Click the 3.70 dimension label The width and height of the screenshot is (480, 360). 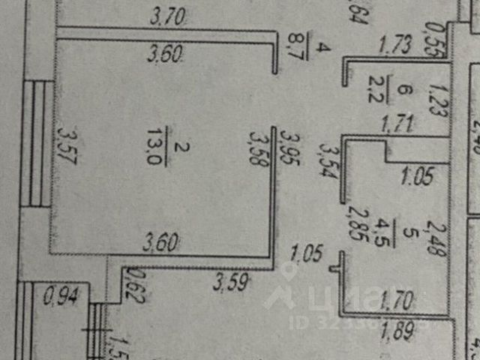[167, 16]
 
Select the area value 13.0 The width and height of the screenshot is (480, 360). [160, 139]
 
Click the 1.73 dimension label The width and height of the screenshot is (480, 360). [394, 46]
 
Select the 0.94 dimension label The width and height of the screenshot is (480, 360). [58, 297]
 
